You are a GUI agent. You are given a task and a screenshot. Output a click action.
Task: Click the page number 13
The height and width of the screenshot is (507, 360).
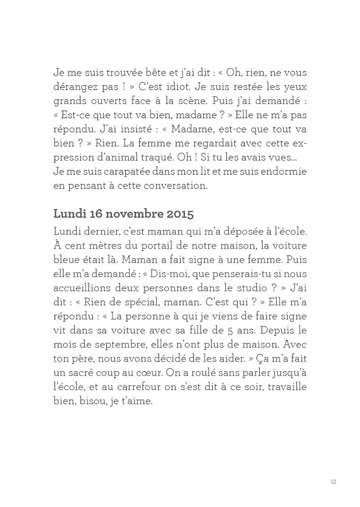point(334,482)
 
